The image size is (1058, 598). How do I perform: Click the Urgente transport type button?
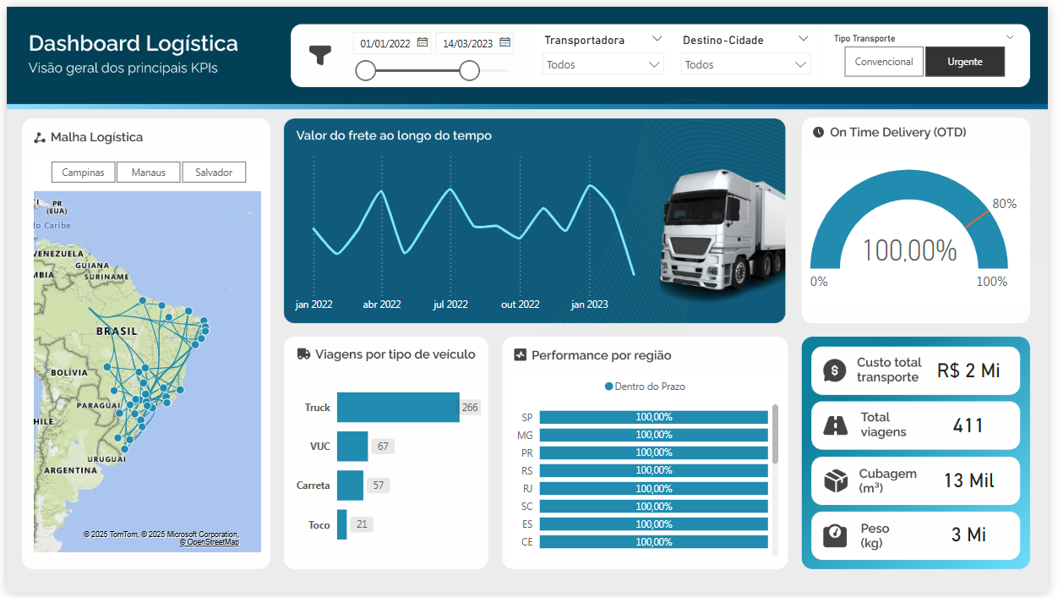964,62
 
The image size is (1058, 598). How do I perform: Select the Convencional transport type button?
883,62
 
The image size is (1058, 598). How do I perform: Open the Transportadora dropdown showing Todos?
603,64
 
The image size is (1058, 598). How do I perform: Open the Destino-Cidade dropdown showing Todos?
744,64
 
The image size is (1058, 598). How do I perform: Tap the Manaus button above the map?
148,173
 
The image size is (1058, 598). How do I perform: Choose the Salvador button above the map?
214,173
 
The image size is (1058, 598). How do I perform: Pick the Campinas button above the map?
83,173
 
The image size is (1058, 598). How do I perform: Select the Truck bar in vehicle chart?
397,407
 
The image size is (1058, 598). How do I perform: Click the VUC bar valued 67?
352,446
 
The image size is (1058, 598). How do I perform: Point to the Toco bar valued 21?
342,524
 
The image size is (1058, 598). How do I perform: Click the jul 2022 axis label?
450,304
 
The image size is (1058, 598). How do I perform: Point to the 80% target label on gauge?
1004,204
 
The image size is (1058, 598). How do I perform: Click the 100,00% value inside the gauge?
909,250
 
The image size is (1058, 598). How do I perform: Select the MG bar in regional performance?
653,435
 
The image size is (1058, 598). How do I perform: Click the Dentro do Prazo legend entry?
646,387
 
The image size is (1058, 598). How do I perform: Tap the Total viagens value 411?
968,425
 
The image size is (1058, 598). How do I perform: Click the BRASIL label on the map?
117,331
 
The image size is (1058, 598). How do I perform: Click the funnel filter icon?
320,56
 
